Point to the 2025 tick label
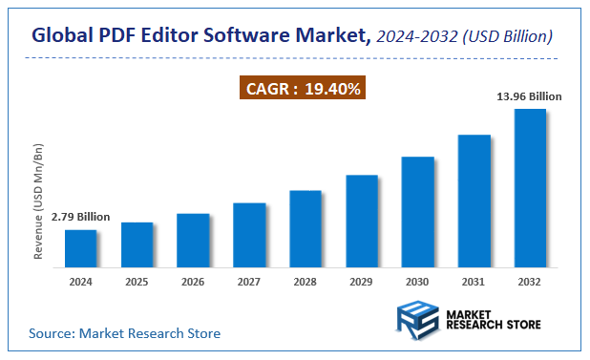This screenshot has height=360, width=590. (x=137, y=283)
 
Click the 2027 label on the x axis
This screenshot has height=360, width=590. (x=248, y=283)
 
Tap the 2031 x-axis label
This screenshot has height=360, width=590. (x=474, y=283)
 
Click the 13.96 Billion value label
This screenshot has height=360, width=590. (x=530, y=96)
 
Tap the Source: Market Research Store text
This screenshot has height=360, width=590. (x=124, y=333)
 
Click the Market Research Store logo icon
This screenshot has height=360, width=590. (x=418, y=317)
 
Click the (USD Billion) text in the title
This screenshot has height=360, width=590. (x=506, y=37)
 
